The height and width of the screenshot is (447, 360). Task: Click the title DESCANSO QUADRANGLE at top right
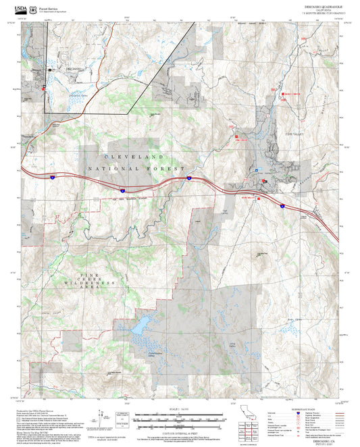point(318,6)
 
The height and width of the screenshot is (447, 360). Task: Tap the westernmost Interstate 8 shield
point(51,177)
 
